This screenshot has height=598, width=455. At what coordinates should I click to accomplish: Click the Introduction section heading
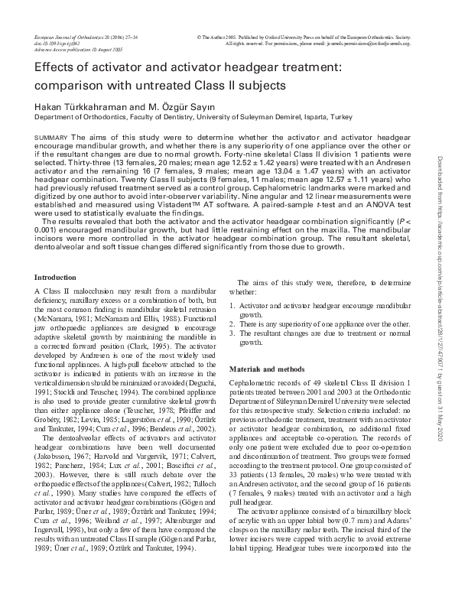coord(56,276)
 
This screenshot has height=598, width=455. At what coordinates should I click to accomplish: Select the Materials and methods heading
coord(268,368)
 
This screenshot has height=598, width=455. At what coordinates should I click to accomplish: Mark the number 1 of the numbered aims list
coord(232,305)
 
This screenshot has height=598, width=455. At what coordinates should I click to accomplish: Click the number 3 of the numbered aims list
coord(232,333)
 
